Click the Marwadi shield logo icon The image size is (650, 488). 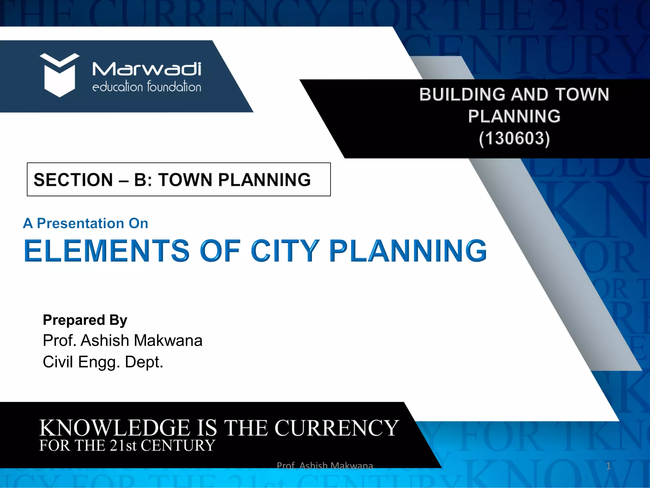[59, 75]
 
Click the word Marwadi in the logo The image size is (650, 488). [147, 69]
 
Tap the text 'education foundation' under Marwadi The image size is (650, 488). [147, 87]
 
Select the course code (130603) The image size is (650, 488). [514, 139]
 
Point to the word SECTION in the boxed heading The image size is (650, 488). [73, 180]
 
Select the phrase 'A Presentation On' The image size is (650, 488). [86, 223]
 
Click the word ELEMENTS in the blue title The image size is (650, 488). [107, 251]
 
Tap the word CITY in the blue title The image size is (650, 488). [285, 251]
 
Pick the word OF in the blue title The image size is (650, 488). [220, 251]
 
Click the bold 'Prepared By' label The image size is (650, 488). [85, 320]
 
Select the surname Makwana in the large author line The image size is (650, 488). [168, 341]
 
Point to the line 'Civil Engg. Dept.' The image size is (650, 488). [103, 362]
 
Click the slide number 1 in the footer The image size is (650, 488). [608, 466]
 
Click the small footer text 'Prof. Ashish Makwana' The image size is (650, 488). [325, 466]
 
